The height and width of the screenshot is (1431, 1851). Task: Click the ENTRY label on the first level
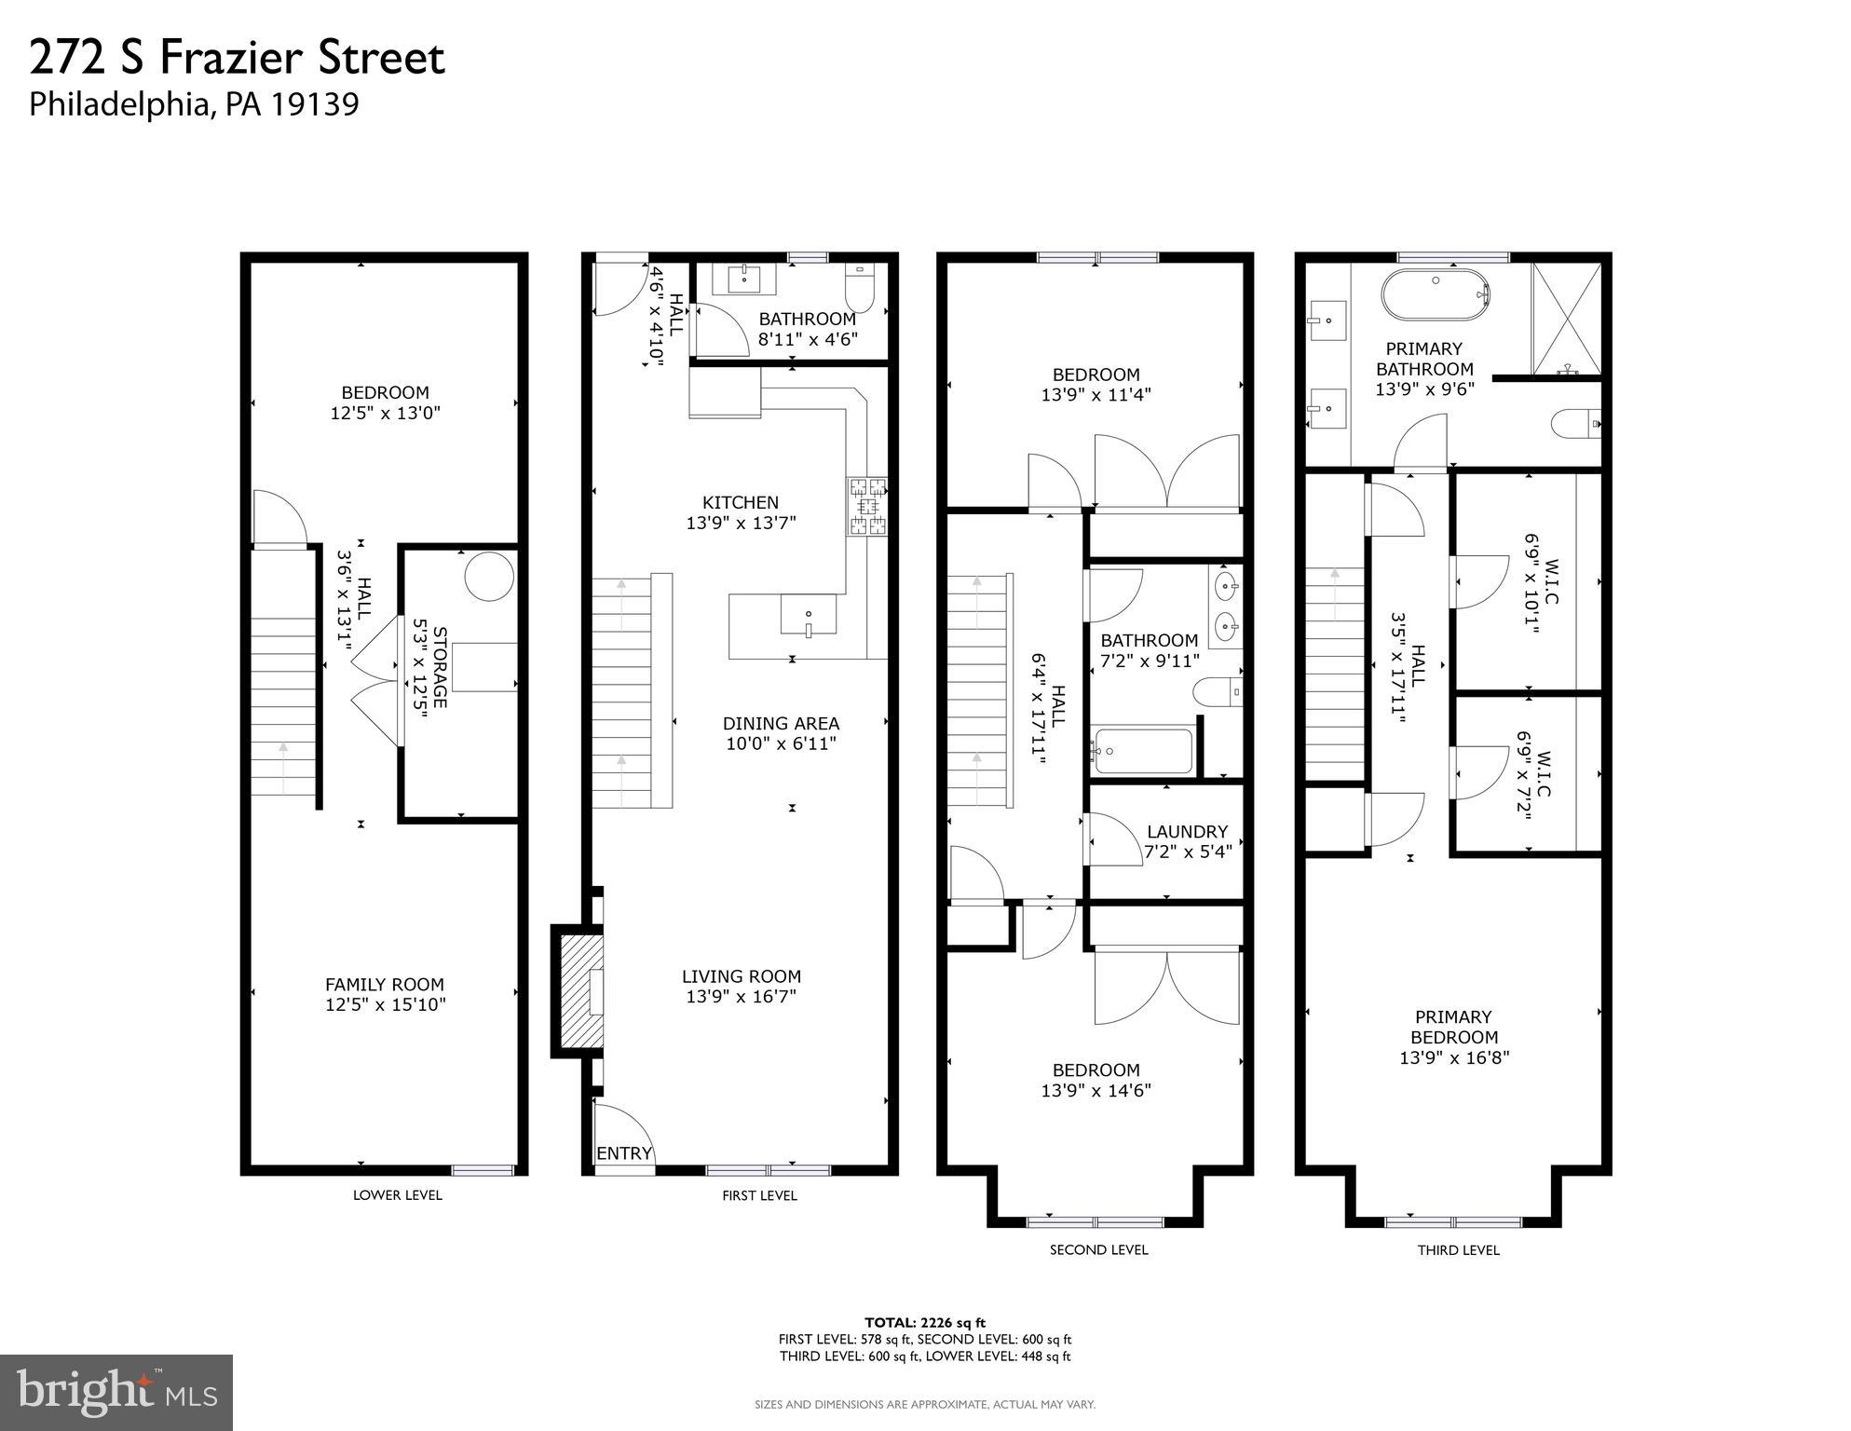pyautogui.click(x=623, y=1153)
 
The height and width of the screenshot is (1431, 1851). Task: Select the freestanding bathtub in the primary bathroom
pyautogui.click(x=1436, y=293)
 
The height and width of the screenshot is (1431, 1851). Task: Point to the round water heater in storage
pyautogui.click(x=488, y=578)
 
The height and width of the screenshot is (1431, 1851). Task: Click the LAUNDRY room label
pyautogui.click(x=1186, y=831)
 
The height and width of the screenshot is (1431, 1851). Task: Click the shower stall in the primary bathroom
pyautogui.click(x=1567, y=320)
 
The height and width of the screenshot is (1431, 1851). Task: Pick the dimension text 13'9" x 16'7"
pyautogui.click(x=741, y=997)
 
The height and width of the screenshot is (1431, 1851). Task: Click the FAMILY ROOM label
pyautogui.click(x=384, y=984)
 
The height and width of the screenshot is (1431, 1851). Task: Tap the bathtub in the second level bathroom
pyautogui.click(x=1143, y=751)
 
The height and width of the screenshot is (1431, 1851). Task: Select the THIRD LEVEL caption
pyautogui.click(x=1458, y=1250)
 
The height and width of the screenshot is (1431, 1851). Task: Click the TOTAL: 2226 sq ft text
pyautogui.click(x=924, y=1322)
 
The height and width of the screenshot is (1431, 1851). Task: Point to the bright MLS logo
pyautogui.click(x=116, y=1393)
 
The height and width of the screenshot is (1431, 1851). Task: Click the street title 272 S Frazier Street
pyautogui.click(x=238, y=58)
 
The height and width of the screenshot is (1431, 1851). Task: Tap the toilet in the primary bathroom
pyautogui.click(x=1575, y=424)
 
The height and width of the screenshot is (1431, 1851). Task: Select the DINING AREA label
pyautogui.click(x=781, y=723)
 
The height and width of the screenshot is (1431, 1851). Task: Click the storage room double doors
pyautogui.click(x=376, y=685)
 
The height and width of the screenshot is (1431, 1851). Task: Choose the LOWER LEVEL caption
pyautogui.click(x=397, y=1195)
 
